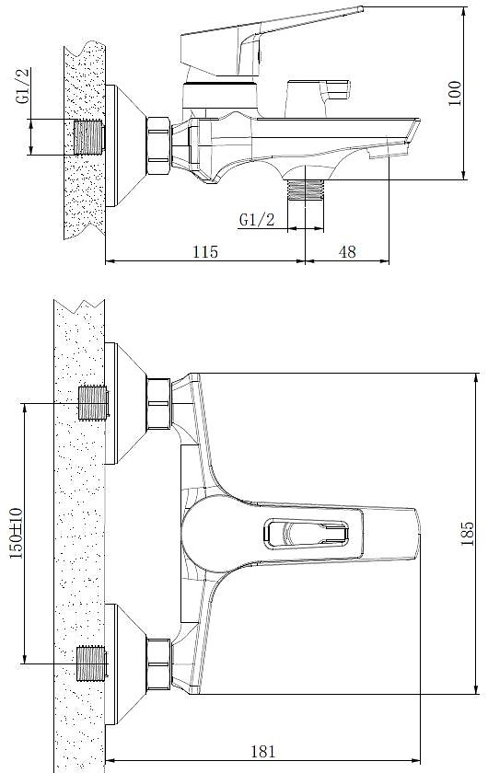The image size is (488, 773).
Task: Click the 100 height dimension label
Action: click(x=455, y=93)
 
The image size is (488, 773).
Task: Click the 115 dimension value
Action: click(x=205, y=251)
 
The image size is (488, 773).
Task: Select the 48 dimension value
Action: click(x=347, y=251)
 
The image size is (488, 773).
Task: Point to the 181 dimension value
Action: click(x=263, y=751)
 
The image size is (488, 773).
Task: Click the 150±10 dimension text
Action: click(x=17, y=533)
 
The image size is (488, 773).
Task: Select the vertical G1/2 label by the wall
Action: click(x=23, y=86)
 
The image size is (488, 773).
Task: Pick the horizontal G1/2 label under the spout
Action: click(x=257, y=219)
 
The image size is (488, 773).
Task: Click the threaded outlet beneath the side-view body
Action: click(x=306, y=190)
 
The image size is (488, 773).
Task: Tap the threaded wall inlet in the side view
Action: click(x=89, y=136)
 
